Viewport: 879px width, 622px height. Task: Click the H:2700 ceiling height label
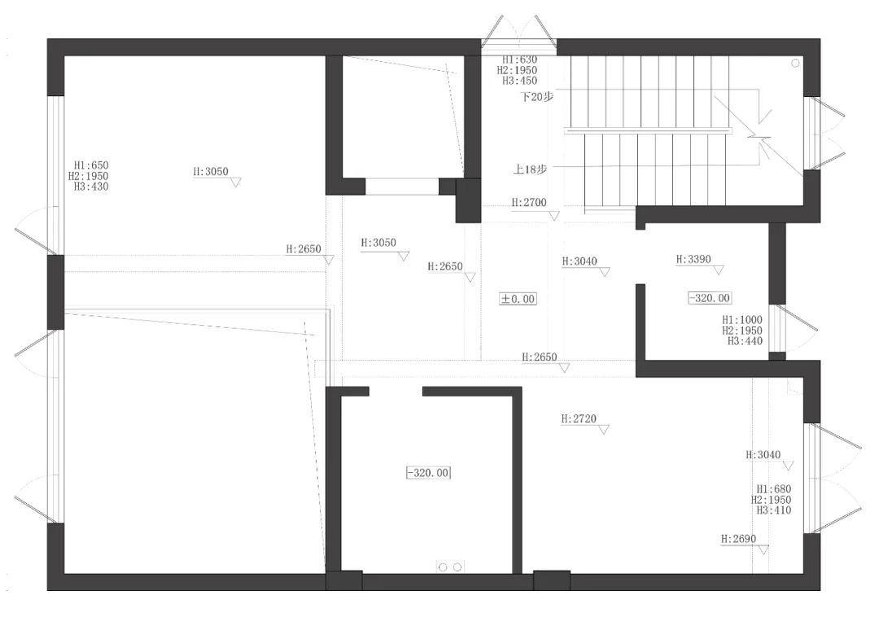click(x=529, y=202)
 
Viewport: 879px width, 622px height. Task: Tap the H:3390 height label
click(x=693, y=260)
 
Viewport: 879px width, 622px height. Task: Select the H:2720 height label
click(x=579, y=418)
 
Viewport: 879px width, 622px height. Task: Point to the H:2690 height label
click(x=739, y=539)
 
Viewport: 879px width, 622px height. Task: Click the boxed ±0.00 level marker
click(x=518, y=299)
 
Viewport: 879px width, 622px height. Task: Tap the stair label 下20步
click(x=537, y=96)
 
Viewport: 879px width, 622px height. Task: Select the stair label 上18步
click(x=530, y=169)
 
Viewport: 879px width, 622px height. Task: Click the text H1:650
click(x=90, y=165)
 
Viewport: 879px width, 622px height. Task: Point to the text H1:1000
click(x=741, y=321)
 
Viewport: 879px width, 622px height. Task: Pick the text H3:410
click(x=773, y=510)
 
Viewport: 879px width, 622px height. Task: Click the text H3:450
click(x=519, y=81)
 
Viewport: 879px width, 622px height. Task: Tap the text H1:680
click(x=773, y=489)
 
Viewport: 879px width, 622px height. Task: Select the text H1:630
click(x=519, y=59)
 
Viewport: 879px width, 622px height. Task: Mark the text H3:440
click(x=745, y=341)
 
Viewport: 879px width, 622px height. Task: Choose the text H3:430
click(x=91, y=186)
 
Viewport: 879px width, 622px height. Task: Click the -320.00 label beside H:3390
click(x=710, y=299)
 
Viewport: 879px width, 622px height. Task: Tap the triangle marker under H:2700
click(x=554, y=216)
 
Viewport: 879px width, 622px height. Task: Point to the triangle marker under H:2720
click(x=603, y=431)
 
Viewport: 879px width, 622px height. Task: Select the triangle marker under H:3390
click(x=718, y=270)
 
